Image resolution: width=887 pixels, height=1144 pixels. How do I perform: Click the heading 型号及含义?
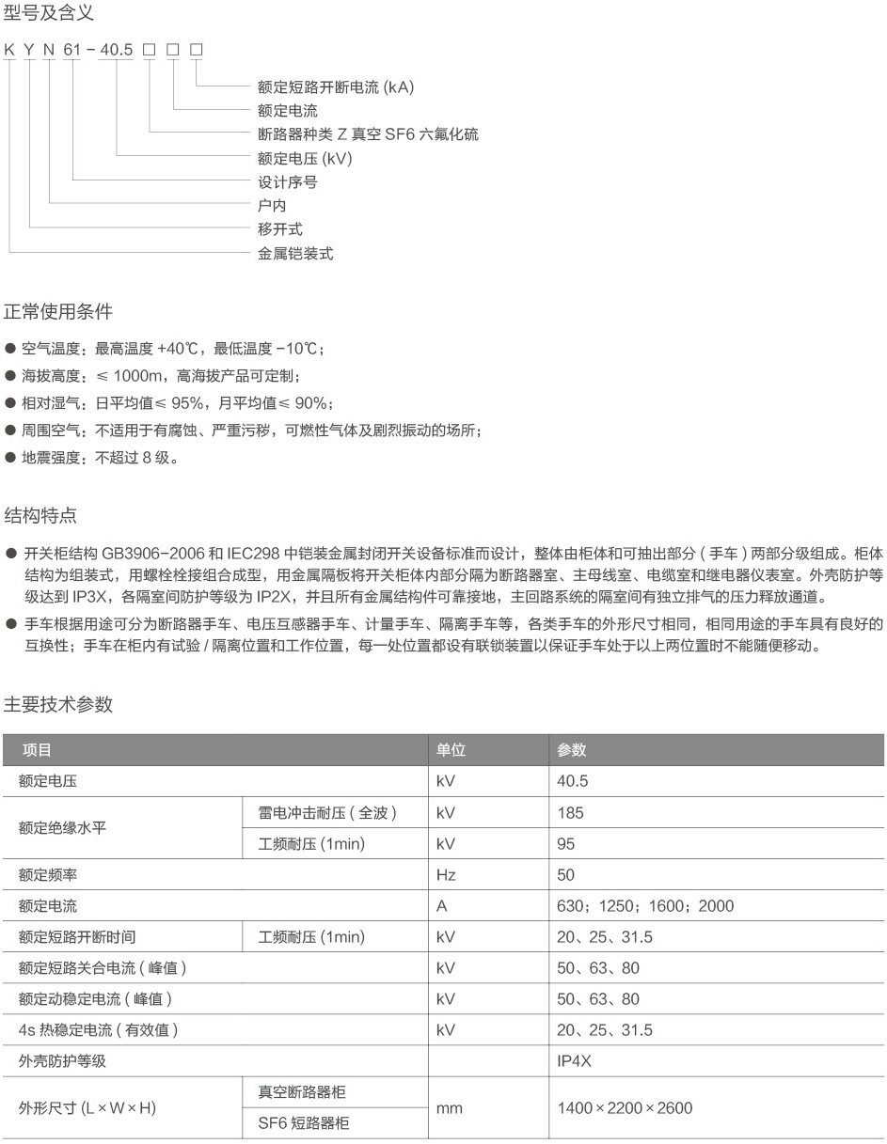49,14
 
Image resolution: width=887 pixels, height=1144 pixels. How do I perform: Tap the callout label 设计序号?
287,181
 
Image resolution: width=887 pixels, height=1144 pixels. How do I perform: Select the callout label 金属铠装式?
295,253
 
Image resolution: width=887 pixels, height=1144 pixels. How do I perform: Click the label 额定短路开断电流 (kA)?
336,86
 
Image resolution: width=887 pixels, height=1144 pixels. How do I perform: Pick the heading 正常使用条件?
58,311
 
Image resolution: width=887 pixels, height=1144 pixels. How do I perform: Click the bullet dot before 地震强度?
9,458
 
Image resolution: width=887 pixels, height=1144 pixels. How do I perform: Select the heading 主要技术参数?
58,704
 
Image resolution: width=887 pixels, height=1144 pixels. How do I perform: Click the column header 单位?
451,750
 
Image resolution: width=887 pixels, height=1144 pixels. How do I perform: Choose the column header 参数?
571,750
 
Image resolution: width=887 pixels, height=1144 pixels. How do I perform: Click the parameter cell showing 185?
570,812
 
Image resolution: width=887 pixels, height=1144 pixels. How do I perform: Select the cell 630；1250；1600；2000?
645,906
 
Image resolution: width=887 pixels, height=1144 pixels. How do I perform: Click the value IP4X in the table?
575,1060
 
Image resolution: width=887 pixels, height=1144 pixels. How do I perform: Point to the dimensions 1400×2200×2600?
625,1107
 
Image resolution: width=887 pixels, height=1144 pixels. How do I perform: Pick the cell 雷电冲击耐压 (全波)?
326,812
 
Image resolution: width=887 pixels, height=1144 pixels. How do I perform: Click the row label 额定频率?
48,875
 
